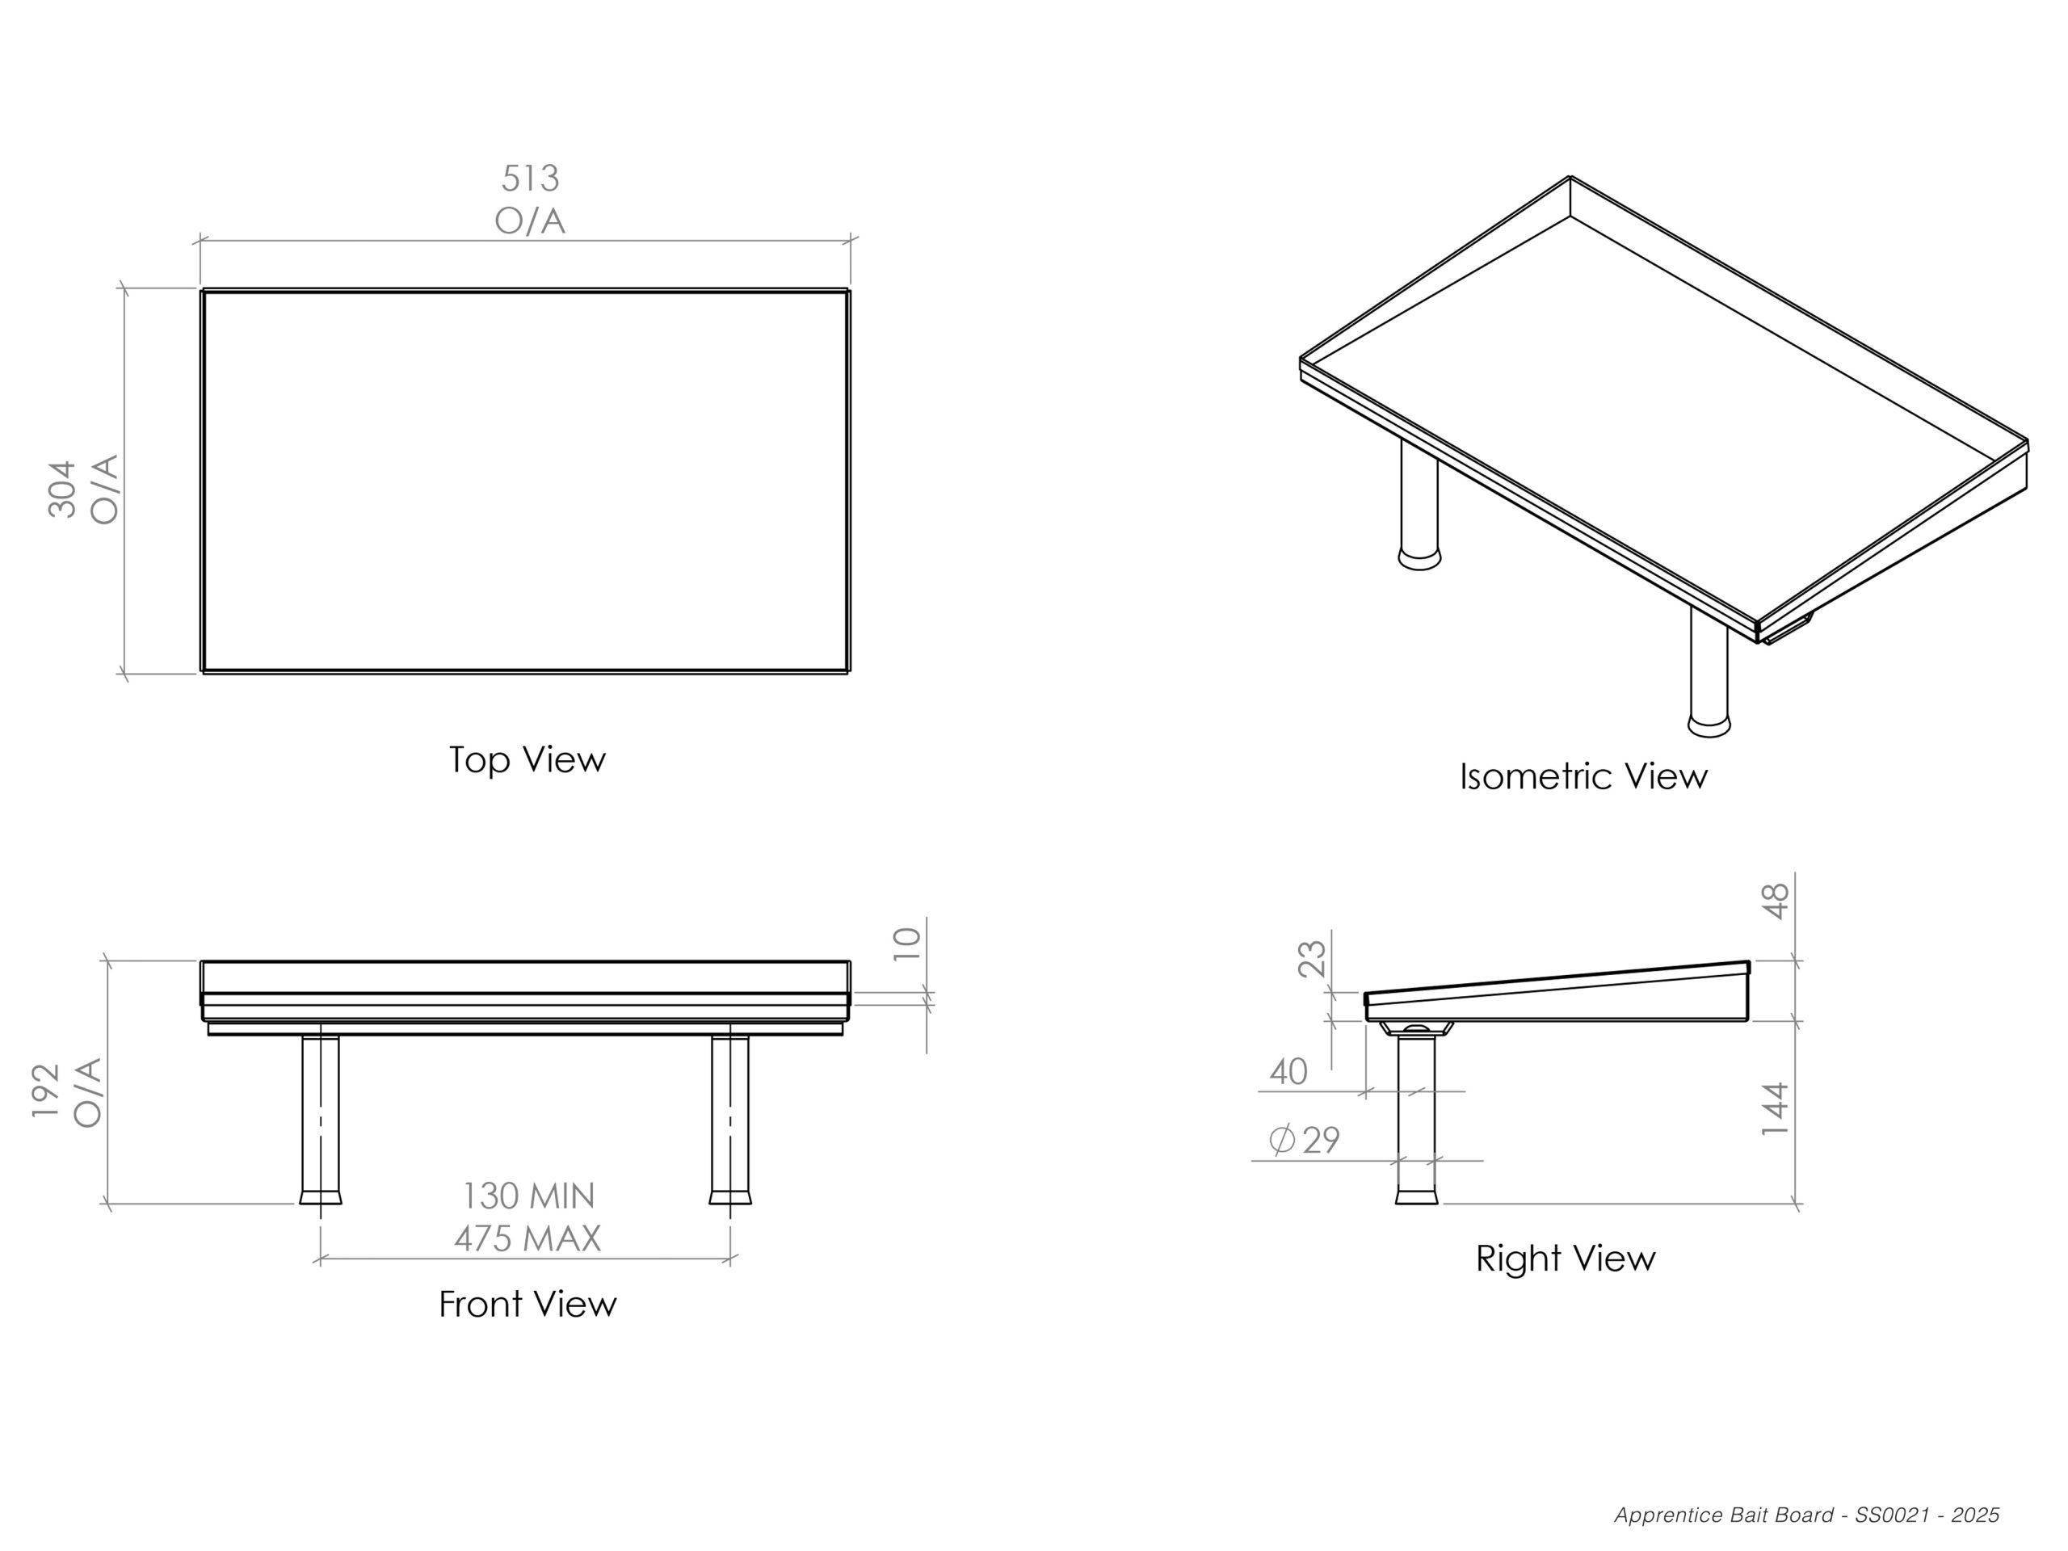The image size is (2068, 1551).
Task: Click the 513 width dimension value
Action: [x=530, y=178]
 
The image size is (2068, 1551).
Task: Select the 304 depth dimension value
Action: [x=63, y=489]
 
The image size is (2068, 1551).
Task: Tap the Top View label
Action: [x=528, y=759]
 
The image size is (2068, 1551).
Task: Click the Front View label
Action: [x=528, y=1304]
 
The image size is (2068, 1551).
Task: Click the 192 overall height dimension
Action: [x=46, y=1091]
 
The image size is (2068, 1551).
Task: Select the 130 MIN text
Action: [x=529, y=1196]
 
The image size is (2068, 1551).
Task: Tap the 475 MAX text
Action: [x=528, y=1238]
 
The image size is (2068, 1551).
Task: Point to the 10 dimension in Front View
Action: [x=908, y=944]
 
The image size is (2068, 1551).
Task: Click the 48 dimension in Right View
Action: [x=1776, y=902]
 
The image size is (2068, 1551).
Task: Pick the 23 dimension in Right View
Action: [x=1313, y=958]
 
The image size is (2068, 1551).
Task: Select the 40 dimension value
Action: [x=1288, y=1071]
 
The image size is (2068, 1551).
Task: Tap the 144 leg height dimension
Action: [x=1776, y=1109]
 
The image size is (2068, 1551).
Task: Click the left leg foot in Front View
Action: [x=321, y=1196]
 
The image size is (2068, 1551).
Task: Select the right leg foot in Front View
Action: [x=730, y=1196]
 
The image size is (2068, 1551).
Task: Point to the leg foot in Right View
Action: [x=1416, y=1196]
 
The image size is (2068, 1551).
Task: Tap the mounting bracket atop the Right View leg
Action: [x=1416, y=1028]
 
